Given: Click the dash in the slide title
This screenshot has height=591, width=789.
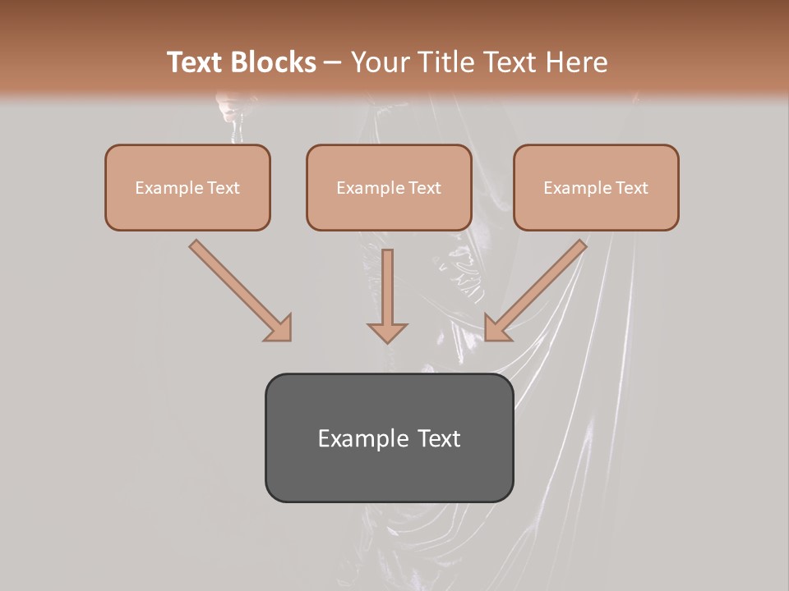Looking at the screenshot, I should point(333,62).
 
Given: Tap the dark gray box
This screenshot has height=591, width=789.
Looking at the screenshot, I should point(389,476).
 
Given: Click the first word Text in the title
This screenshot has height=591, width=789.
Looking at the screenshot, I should point(198,62).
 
